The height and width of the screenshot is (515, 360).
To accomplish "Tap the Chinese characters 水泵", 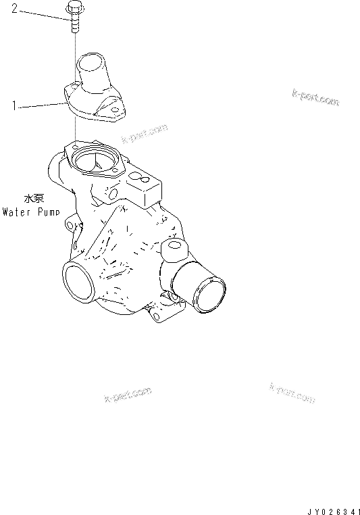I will [33, 199].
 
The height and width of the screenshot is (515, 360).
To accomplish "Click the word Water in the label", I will [16, 211].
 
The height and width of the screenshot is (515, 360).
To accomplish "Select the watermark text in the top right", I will [315, 97].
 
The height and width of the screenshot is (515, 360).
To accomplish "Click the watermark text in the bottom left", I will [128, 396].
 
